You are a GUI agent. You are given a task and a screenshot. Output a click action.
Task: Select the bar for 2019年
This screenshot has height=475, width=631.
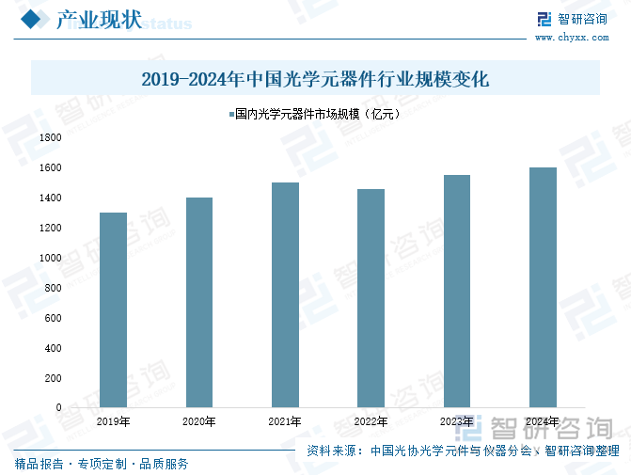113,309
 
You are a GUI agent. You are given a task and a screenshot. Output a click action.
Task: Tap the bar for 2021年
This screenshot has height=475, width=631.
285,294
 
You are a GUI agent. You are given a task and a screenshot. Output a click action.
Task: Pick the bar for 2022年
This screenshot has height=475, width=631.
371,298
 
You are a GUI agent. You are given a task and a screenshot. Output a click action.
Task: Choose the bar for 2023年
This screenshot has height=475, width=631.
457,291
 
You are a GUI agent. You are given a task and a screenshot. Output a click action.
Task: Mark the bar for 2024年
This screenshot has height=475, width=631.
543,287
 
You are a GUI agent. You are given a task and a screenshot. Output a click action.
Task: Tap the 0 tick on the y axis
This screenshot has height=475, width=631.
58,408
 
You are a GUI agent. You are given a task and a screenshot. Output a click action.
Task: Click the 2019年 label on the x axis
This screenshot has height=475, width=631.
113,421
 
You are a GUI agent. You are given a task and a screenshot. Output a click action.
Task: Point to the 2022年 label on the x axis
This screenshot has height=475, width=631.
371,421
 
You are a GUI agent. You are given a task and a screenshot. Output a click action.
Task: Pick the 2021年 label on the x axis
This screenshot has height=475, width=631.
285,421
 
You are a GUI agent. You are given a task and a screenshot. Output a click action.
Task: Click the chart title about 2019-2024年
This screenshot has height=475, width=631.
315,79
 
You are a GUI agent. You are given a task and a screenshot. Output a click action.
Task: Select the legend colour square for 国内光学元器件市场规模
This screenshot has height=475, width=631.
231,115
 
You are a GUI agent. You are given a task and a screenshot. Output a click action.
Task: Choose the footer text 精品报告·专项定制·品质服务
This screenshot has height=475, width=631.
102,464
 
